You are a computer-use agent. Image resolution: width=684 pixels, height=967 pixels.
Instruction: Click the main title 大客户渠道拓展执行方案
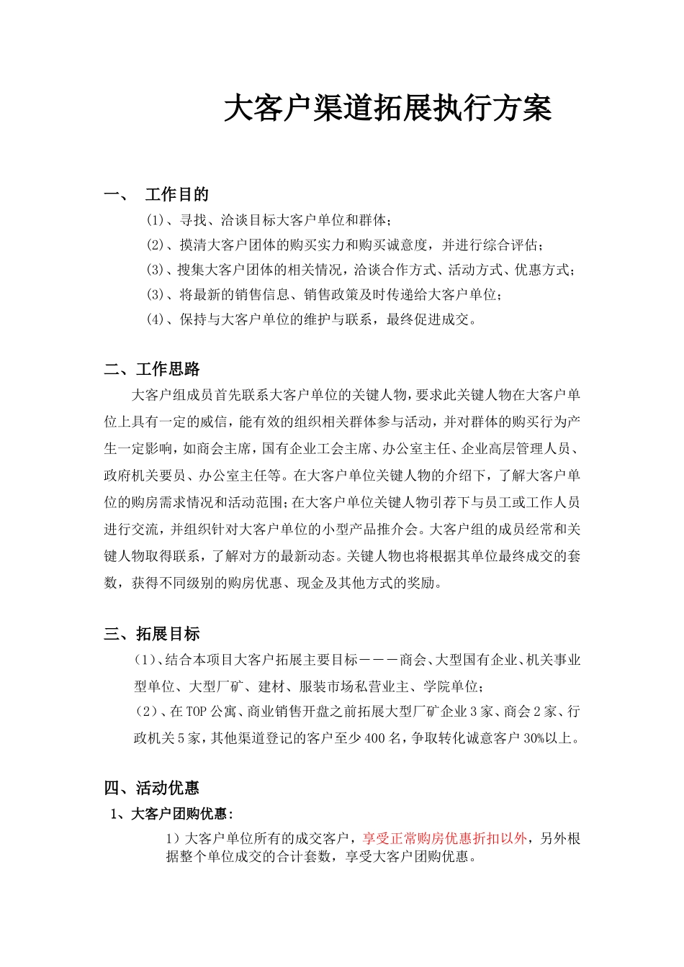click(x=387, y=109)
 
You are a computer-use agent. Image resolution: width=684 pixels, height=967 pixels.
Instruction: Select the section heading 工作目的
click(x=176, y=194)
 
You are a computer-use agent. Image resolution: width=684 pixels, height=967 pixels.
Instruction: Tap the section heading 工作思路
click(x=168, y=369)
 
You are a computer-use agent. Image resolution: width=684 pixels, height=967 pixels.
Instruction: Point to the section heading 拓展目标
click(x=168, y=634)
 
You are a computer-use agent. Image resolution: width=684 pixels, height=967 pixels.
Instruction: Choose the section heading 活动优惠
click(x=168, y=788)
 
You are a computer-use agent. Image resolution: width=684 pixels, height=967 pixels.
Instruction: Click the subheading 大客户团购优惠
click(x=179, y=814)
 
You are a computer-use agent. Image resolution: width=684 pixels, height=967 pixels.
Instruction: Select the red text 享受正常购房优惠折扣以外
click(x=444, y=838)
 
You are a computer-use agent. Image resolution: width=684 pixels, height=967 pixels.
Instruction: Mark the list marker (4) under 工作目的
click(x=156, y=319)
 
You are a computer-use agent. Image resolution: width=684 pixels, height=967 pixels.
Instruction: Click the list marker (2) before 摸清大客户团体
click(x=156, y=245)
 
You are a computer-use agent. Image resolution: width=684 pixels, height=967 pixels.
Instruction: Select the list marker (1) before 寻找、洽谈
click(x=156, y=219)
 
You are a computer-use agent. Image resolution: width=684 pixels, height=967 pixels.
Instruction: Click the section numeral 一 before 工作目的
click(x=112, y=194)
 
